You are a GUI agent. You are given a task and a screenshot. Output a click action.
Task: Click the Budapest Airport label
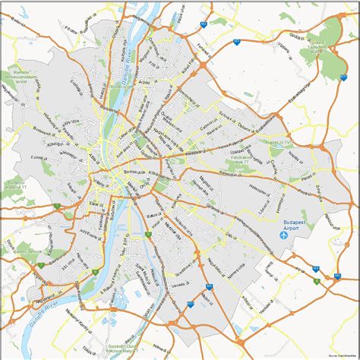click(x=290, y=220)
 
